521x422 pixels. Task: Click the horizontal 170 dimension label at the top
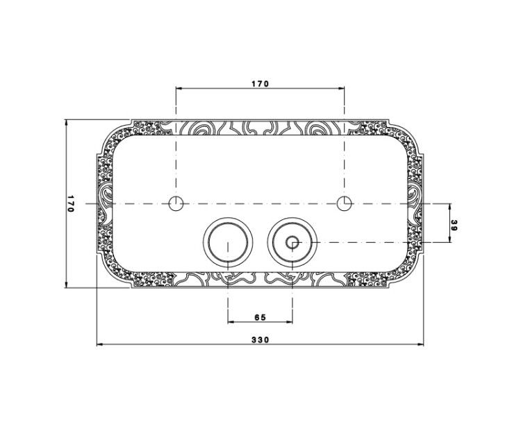point(260,84)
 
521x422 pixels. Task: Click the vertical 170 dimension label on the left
point(70,203)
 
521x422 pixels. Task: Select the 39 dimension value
point(454,226)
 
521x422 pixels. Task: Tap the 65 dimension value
point(260,317)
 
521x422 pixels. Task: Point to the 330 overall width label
point(260,340)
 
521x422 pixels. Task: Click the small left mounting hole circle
point(176,203)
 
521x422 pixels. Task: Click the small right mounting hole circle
point(345,203)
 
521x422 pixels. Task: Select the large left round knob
point(228,242)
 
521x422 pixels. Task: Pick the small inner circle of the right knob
point(292,242)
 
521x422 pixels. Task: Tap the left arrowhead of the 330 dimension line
point(99,345)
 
